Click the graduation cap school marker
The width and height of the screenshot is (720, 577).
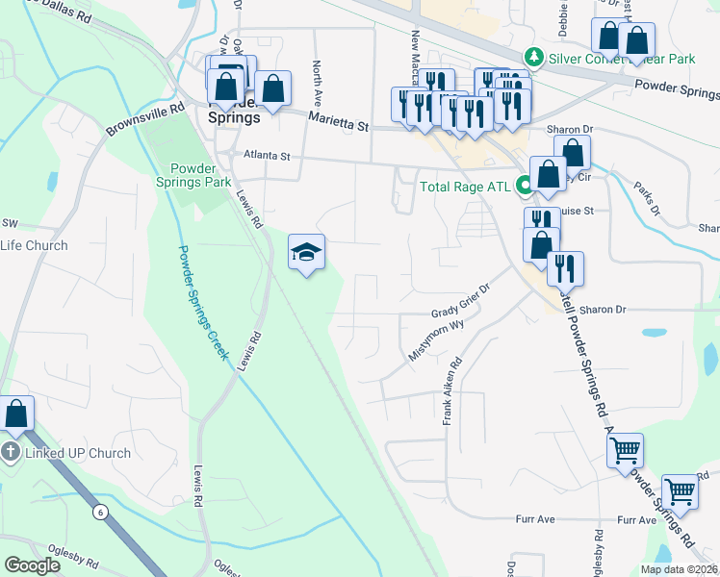(x=307, y=253)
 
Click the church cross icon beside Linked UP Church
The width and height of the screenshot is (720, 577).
(x=10, y=453)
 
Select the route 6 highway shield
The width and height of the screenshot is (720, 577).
(x=100, y=512)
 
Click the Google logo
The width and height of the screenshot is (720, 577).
(x=33, y=565)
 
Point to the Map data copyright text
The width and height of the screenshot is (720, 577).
(x=679, y=569)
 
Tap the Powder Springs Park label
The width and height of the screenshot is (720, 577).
(x=193, y=173)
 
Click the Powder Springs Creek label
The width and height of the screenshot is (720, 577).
(x=203, y=303)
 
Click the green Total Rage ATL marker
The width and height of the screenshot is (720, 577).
(x=526, y=186)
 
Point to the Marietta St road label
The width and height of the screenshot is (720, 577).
(x=338, y=121)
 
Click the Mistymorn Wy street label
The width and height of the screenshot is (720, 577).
(x=436, y=339)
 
